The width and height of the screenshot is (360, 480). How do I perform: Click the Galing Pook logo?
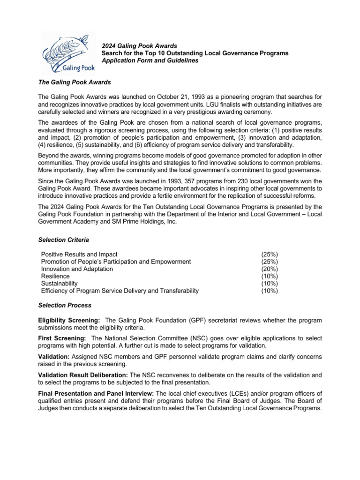pyautogui.click(x=68, y=53)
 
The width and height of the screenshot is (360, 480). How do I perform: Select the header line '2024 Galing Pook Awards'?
pyautogui.click(x=139, y=46)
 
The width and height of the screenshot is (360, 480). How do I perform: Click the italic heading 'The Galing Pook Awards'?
pyautogui.click(x=74, y=82)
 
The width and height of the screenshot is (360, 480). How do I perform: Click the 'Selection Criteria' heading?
pyautogui.click(x=63, y=240)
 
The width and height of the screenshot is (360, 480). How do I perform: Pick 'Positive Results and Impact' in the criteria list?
pyautogui.click(x=79, y=254)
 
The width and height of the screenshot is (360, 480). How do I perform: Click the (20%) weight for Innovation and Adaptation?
pyautogui.click(x=269, y=269)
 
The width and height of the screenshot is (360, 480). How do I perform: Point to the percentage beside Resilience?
pyautogui.click(x=269, y=276)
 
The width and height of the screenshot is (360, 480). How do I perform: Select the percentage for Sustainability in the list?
pyautogui.click(x=269, y=284)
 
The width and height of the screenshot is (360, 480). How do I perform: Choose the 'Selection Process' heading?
pyautogui.click(x=64, y=306)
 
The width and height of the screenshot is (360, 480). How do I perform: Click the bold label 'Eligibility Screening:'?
pyautogui.click(x=68, y=320)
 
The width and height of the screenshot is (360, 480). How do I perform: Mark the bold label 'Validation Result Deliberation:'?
pyautogui.click(x=82, y=375)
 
